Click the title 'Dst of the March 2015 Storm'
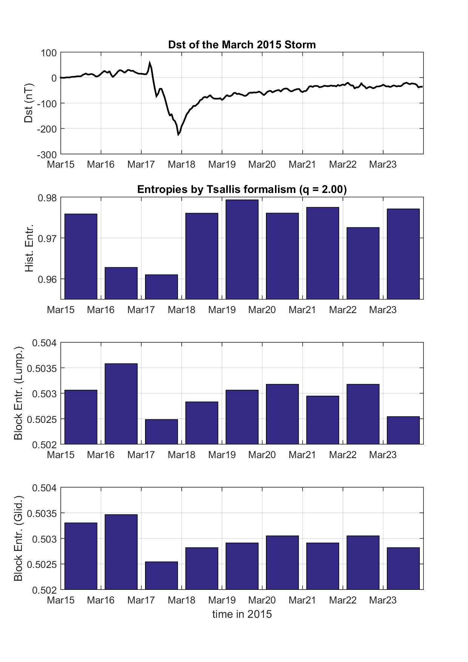242,45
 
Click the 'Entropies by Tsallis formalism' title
242,189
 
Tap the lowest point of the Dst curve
178,134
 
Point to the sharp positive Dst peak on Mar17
150,63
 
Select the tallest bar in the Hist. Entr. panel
242,249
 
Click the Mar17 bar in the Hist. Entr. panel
161,287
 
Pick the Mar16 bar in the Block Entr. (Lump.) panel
121,404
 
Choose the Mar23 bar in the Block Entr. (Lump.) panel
403,430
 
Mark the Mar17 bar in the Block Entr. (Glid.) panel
161,575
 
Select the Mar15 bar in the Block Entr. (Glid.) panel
81,556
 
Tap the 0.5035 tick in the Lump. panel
44,368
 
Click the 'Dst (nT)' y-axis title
29,103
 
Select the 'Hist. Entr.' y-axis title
29,248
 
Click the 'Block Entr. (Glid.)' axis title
18,538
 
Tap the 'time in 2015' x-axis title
242,614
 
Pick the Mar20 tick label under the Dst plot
262,165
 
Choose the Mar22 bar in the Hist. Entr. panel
363,263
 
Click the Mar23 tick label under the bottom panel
383,600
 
